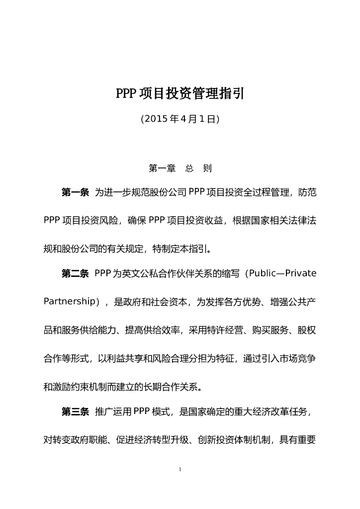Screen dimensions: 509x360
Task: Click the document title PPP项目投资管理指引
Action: click(180, 93)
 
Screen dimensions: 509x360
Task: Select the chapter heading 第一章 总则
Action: click(180, 169)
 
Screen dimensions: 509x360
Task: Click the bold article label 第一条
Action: click(75, 193)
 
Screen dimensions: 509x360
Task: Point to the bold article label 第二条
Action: click(75, 274)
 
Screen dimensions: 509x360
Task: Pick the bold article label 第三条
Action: click(75, 412)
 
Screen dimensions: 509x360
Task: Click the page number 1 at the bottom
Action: click(180, 469)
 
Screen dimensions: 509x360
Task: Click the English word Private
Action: click(301, 274)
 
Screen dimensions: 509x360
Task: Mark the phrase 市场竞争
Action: click(298, 358)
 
